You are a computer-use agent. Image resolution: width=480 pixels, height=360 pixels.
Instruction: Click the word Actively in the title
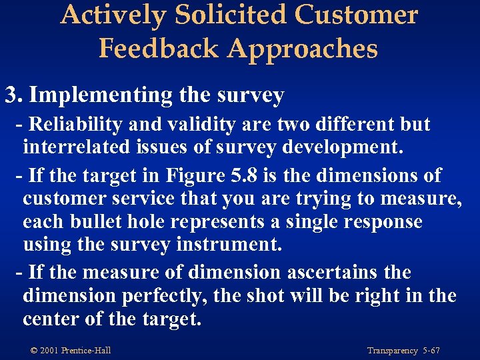pyautogui.click(x=113, y=15)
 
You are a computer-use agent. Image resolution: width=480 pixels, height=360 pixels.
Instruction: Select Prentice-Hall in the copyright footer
pyautogui.click(x=86, y=351)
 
